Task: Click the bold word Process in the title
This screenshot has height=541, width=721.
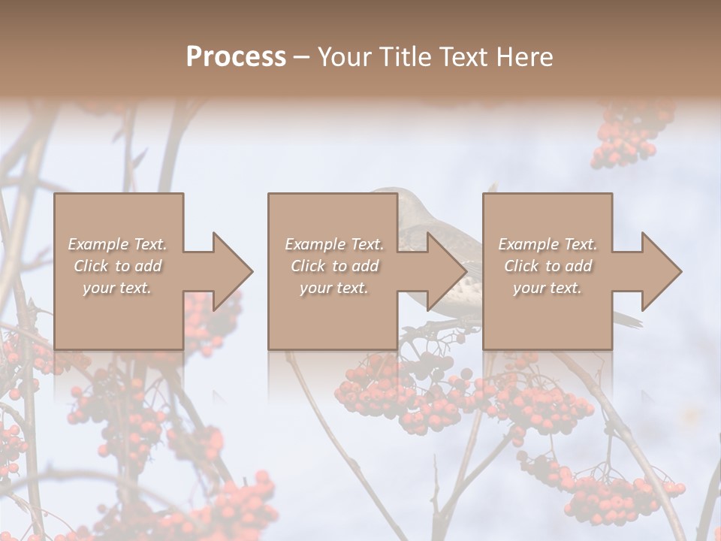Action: pyautogui.click(x=236, y=57)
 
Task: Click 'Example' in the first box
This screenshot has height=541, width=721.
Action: pyautogui.click(x=98, y=244)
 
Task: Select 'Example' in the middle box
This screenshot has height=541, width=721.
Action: pyautogui.click(x=315, y=244)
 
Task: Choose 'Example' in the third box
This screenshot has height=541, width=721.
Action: pyautogui.click(x=528, y=244)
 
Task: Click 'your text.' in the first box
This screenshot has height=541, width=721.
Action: pyautogui.click(x=117, y=288)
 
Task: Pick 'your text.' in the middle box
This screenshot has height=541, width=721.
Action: pyautogui.click(x=333, y=288)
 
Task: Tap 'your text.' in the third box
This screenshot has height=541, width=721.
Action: pyautogui.click(x=548, y=288)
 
